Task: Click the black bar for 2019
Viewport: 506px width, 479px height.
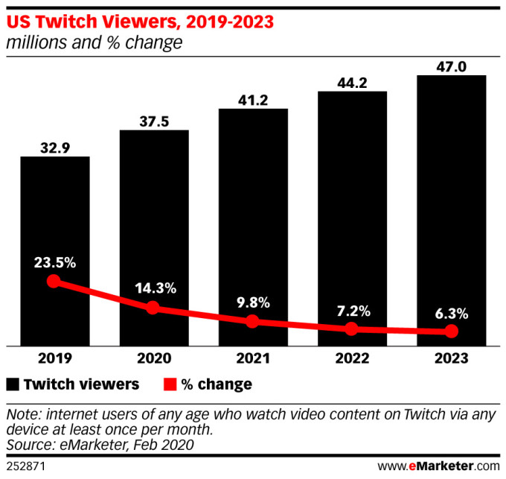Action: coord(55,223)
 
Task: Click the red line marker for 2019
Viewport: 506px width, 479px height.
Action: coord(53,281)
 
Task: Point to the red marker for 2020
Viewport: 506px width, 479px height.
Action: coord(153,307)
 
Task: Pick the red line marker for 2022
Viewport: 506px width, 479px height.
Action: coord(352,329)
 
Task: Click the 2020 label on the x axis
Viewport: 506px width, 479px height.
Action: coord(154,358)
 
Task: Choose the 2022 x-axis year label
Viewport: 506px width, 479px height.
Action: coord(352,358)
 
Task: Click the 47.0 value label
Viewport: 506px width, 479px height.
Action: coord(452,66)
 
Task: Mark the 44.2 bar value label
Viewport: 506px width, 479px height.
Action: coord(352,82)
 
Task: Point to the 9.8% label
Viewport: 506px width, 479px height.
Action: coord(252,302)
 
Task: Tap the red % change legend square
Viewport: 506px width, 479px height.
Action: coord(170,384)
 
